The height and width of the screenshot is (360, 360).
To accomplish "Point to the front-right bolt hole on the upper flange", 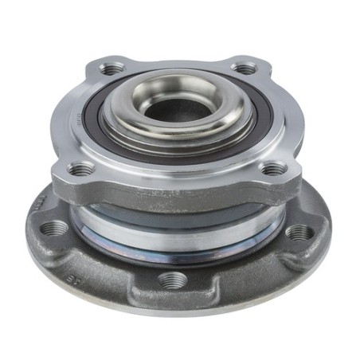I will click(x=272, y=168).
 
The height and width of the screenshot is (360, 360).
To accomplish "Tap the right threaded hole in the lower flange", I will click(x=299, y=233).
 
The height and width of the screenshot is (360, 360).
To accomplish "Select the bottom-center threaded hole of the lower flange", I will click(x=173, y=280).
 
